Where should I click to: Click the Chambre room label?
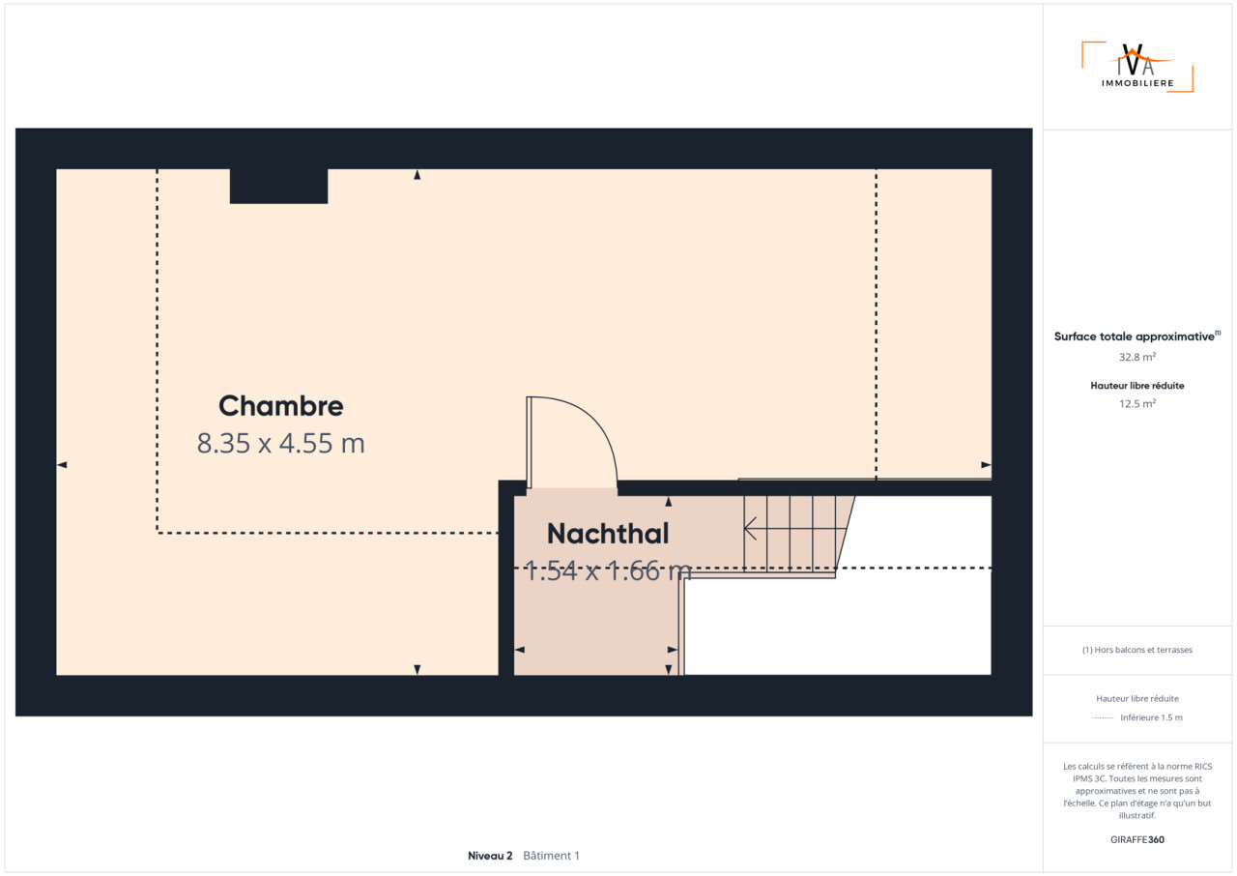[x=280, y=406]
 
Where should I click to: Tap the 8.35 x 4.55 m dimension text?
[x=280, y=443]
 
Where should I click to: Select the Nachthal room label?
[x=608, y=534]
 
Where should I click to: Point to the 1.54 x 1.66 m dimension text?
[x=608, y=570]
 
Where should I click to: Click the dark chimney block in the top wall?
[x=278, y=187]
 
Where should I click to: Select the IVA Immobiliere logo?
[x=1137, y=67]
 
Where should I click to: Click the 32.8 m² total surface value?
[x=1137, y=357]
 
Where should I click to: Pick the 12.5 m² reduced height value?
[x=1137, y=403]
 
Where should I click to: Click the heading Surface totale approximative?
[x=1135, y=336]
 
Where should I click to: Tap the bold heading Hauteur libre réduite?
[x=1137, y=386]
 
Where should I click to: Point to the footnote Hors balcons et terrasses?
[x=1137, y=650]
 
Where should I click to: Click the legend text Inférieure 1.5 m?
[x=1151, y=717]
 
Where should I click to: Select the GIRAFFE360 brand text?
[x=1137, y=839]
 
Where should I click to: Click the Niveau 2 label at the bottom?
[x=490, y=856]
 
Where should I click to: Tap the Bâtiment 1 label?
[x=551, y=856]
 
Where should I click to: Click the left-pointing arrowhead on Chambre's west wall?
[x=62, y=465]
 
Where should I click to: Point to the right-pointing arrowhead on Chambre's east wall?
[x=986, y=465]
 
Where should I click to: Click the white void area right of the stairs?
[x=838, y=626]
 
